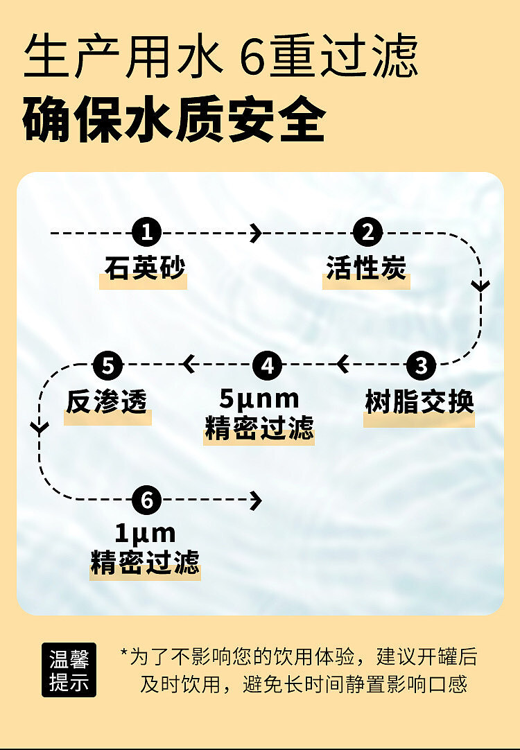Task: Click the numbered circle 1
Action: (x=147, y=232)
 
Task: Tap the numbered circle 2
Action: (x=367, y=232)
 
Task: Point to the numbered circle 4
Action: (x=268, y=365)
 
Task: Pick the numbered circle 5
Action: (x=108, y=365)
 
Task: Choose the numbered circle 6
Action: (x=147, y=500)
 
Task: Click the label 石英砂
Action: (x=144, y=268)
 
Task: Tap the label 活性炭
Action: (x=367, y=268)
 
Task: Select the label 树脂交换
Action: (x=419, y=402)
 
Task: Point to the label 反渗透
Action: (x=107, y=402)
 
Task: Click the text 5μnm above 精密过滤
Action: (x=259, y=399)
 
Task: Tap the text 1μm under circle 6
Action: (x=146, y=533)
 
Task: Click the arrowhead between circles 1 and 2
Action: (x=257, y=233)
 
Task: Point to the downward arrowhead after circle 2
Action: (x=480, y=286)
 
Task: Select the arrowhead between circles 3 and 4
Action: (x=342, y=365)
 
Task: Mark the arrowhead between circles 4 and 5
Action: (x=188, y=365)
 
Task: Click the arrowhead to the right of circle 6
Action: (x=257, y=500)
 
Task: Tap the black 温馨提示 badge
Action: (x=69, y=670)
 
